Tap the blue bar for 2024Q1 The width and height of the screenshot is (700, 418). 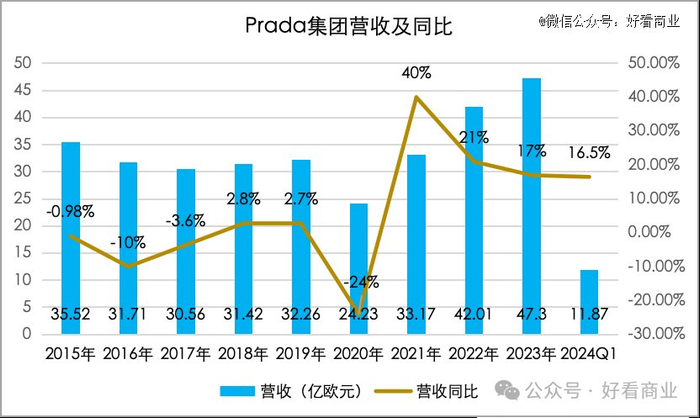click(x=589, y=300)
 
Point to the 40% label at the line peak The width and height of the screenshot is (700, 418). click(x=417, y=73)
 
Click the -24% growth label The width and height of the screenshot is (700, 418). click(x=357, y=281)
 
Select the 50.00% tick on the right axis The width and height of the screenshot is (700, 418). click(x=652, y=63)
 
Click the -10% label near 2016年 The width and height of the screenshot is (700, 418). click(x=128, y=242)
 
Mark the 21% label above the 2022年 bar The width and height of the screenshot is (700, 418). click(x=474, y=137)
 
